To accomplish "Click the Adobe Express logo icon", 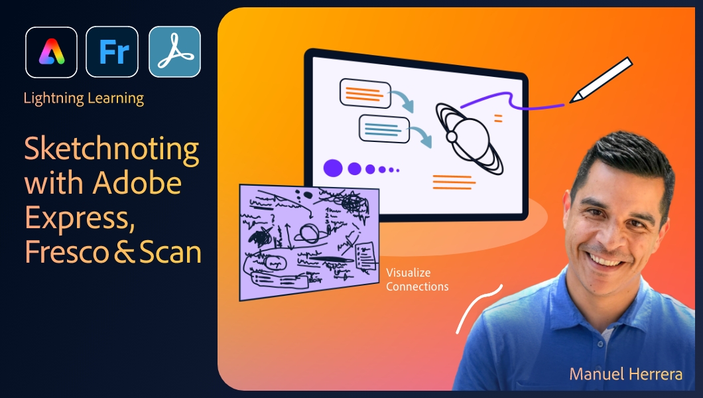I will click(51, 52).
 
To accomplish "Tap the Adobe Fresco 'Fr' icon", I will click(112, 52).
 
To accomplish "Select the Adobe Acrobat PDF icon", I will click(174, 52).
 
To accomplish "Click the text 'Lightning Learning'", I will click(84, 99).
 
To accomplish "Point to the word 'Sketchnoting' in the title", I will click(111, 151).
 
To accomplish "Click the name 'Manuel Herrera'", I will click(625, 374).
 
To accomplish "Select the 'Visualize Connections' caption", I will click(417, 280).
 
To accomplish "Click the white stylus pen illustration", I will click(601, 80).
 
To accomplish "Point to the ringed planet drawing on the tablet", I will click(468, 133).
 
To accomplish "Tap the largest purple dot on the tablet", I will click(333, 168).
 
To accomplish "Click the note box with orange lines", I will click(362, 93).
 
